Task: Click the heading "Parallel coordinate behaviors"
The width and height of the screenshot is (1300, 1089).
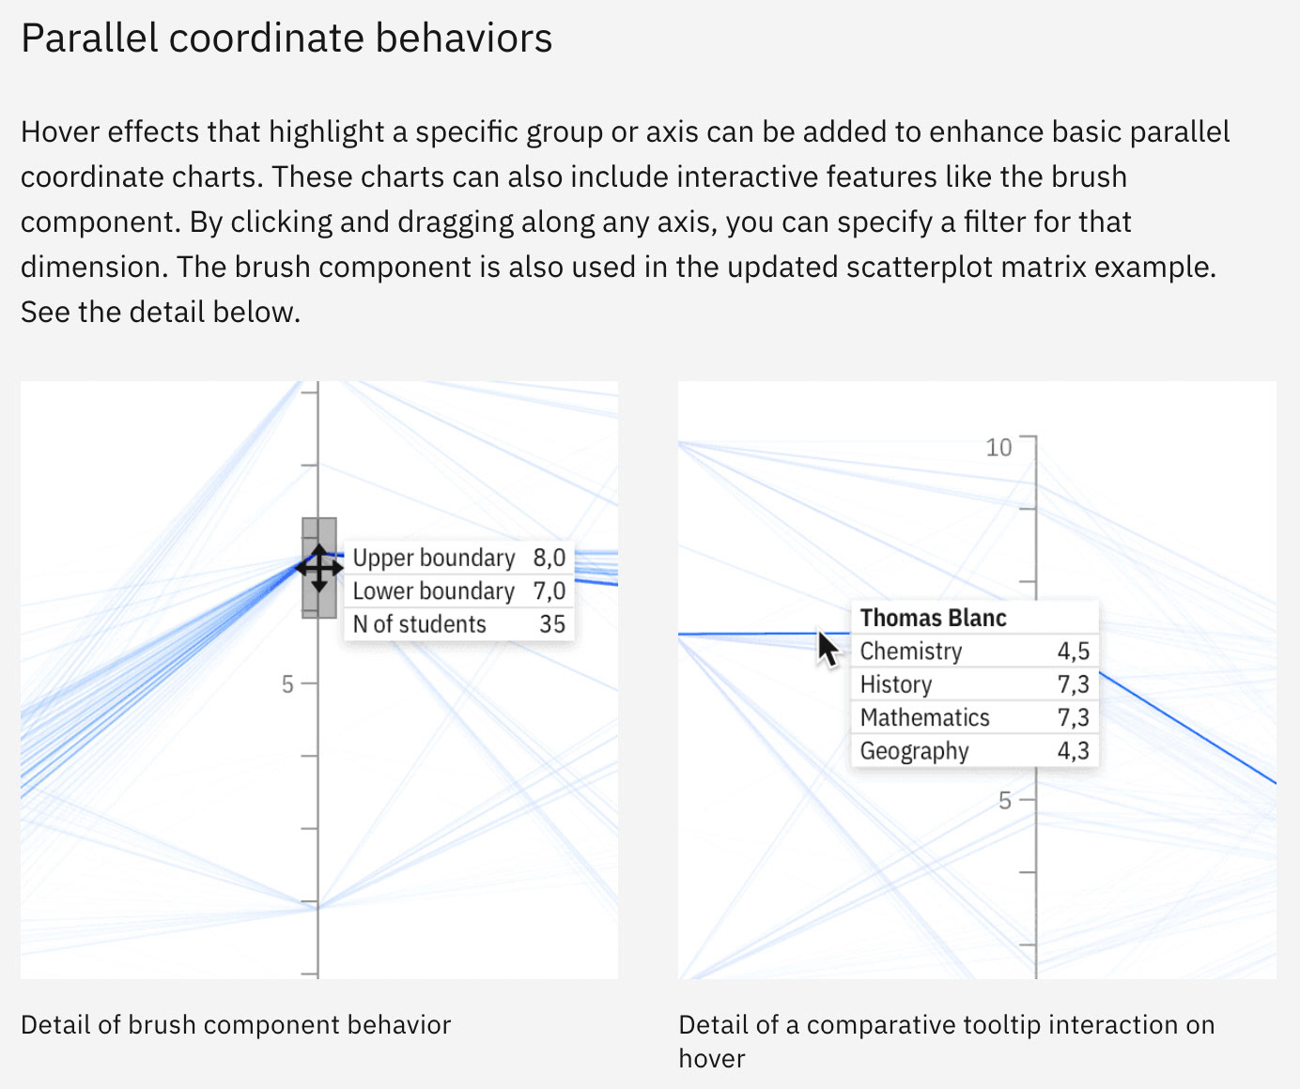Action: pos(286,38)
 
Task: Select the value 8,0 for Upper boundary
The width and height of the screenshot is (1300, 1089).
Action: pos(549,558)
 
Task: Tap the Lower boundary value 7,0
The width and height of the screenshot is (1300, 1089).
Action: pos(549,591)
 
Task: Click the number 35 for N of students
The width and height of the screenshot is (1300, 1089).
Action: pos(552,624)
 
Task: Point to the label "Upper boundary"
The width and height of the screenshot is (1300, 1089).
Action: pos(433,558)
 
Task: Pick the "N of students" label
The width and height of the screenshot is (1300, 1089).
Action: pos(419,624)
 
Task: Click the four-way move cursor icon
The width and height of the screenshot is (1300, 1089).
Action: pos(319,568)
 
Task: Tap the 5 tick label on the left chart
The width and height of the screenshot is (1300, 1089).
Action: pos(287,684)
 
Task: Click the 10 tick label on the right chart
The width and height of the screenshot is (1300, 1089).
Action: pos(998,448)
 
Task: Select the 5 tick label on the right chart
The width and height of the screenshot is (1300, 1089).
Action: pos(1005,801)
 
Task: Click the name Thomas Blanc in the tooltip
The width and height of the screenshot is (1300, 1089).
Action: pos(933,618)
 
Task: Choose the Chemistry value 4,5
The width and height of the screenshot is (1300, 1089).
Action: pos(1073,652)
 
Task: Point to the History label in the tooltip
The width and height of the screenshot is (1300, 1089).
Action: pos(896,684)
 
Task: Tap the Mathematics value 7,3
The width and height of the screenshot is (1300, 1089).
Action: pos(1073,718)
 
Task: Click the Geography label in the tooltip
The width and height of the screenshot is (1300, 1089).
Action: pos(914,751)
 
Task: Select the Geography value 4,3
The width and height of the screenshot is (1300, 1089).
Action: pos(1073,751)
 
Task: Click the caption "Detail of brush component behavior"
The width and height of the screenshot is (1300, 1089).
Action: pos(236,1024)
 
